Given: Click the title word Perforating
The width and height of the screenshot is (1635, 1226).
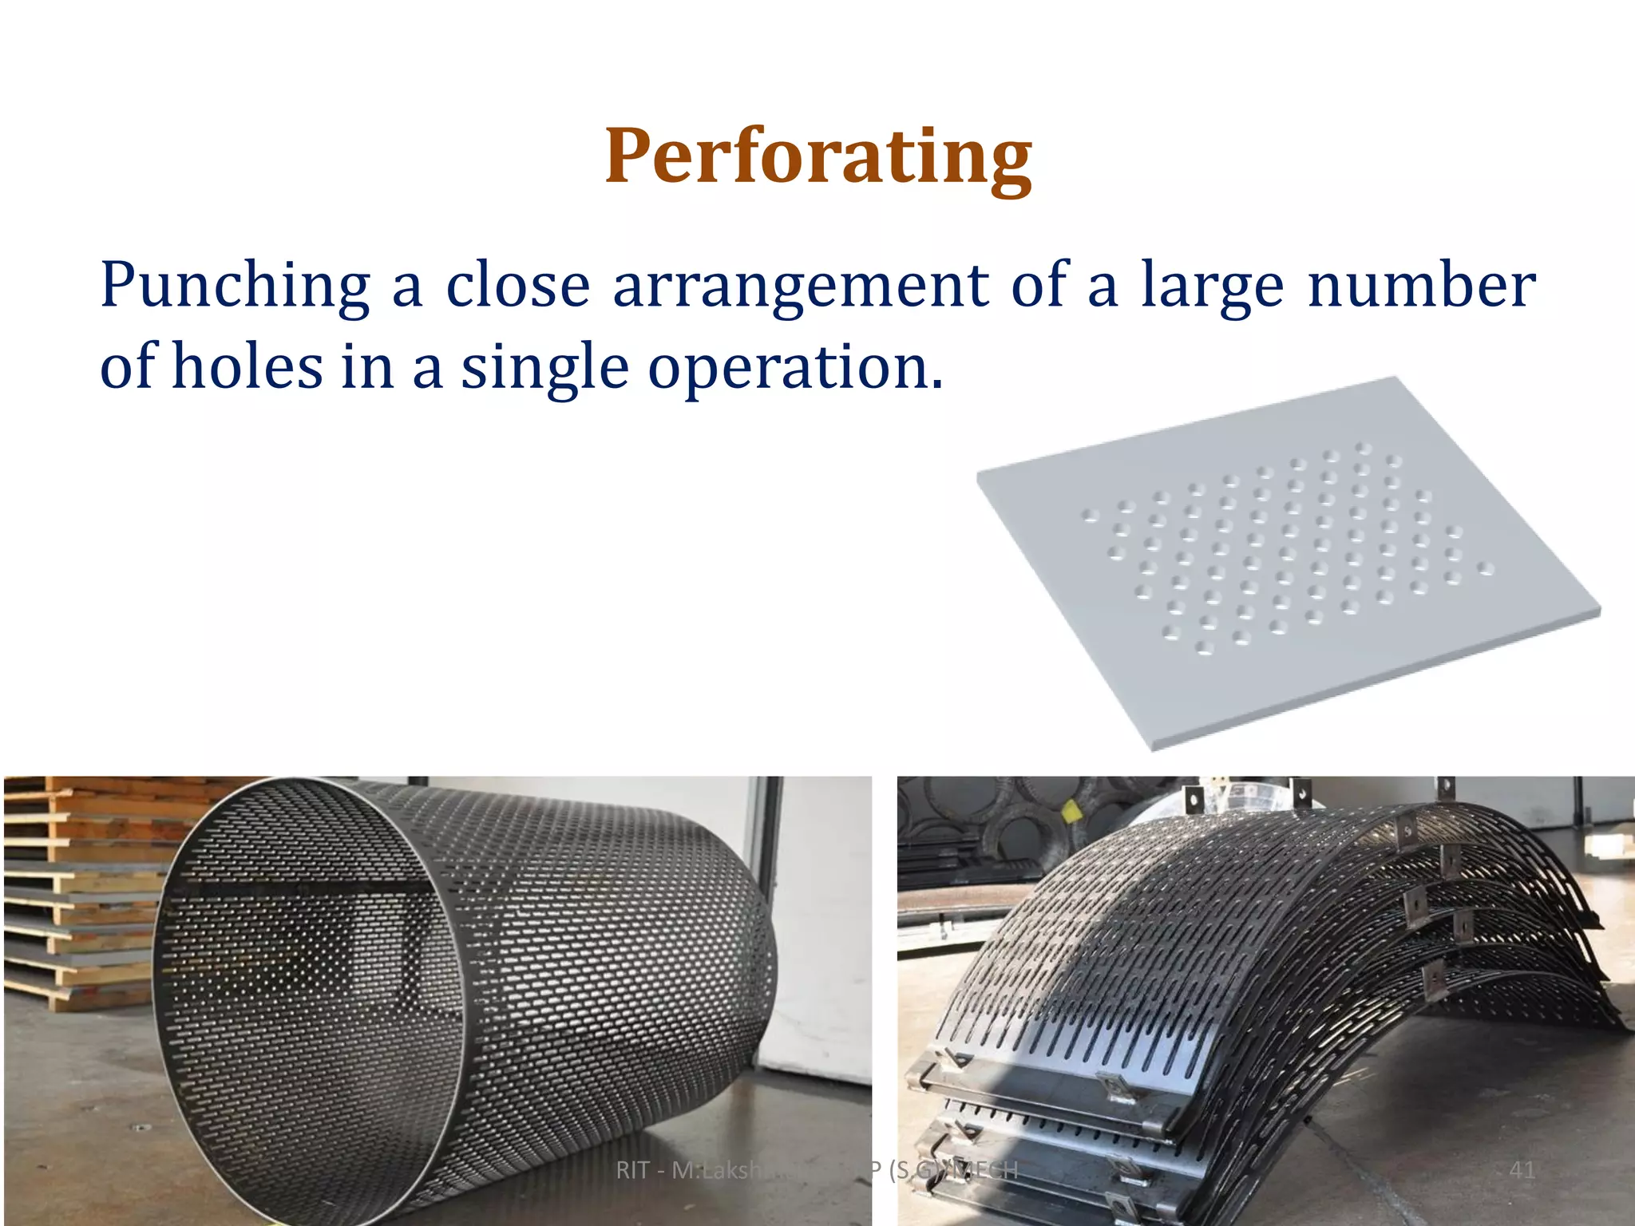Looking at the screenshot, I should tap(818, 156).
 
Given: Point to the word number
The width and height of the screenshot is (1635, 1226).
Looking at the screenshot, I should tap(1421, 284).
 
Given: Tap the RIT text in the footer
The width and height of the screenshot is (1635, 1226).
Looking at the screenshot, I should tap(632, 1170).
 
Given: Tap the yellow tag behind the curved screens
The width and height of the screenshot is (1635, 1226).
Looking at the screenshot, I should tap(1071, 810).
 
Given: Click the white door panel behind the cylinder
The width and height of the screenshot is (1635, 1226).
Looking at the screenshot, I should tap(814, 958).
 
